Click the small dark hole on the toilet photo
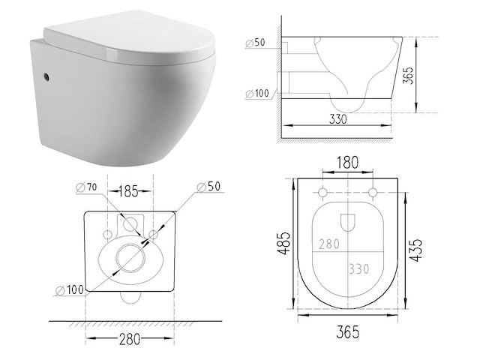tap(46, 76)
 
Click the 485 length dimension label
tap(283, 243)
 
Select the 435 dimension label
tap(415, 250)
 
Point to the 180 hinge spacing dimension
tap(347, 163)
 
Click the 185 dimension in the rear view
tap(128, 191)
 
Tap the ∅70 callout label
tap(86, 187)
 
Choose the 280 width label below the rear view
tap(129, 339)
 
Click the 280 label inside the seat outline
tap(329, 244)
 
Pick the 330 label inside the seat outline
tap(359, 269)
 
